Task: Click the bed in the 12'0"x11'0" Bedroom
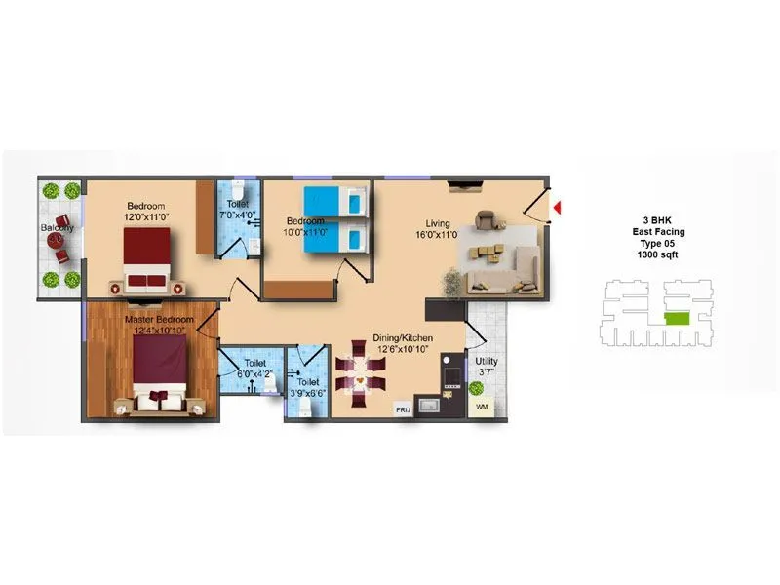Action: tap(149, 260)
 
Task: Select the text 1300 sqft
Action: tap(655, 254)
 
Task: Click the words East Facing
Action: tap(657, 231)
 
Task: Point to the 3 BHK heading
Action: tap(656, 219)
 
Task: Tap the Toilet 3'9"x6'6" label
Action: tap(309, 388)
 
